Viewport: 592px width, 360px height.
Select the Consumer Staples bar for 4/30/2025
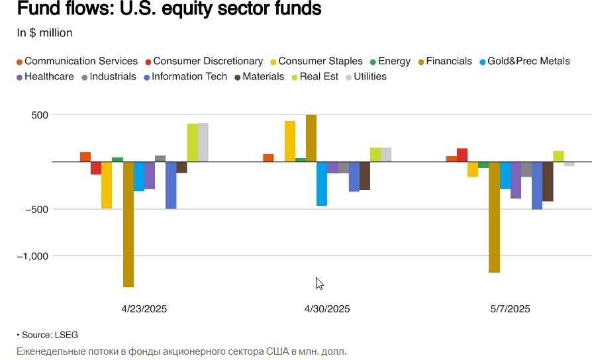290,141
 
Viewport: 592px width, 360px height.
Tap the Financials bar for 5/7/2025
494,217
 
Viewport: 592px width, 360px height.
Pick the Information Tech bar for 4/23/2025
171,185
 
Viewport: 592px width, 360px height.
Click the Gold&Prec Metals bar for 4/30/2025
322,184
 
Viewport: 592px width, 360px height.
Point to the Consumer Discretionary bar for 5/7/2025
462,155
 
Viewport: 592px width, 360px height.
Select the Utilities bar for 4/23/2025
203,142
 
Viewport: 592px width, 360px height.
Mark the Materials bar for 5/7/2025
548,181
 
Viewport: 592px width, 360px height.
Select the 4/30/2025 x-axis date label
327,309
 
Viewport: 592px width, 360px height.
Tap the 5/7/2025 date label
510,309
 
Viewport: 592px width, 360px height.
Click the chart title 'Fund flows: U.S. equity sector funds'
170,10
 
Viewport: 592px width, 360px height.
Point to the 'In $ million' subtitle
44,33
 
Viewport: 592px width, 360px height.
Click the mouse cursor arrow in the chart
319,283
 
